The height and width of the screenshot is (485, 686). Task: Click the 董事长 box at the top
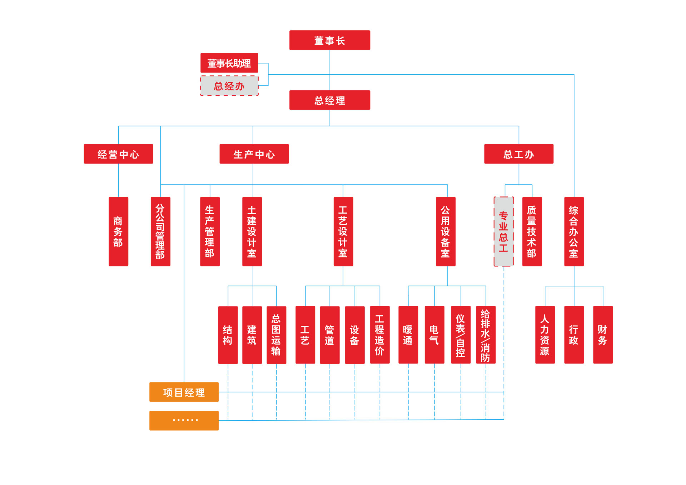pos(329,40)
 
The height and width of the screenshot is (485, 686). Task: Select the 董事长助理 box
pos(229,63)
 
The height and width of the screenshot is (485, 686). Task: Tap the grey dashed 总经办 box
pos(229,86)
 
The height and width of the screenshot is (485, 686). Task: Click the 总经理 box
pos(329,100)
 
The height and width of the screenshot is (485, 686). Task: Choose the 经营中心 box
pos(118,154)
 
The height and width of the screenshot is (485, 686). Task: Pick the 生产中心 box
pos(254,154)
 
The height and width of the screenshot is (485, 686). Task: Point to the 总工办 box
pos(518,154)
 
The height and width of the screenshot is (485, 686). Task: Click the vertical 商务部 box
pos(118,231)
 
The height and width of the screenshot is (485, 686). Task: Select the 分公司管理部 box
pos(160,231)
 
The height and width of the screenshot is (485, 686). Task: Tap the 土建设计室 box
pos(252,231)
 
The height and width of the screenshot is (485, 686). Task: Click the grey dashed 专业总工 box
pos(504,231)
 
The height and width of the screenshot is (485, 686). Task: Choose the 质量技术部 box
pos(532,231)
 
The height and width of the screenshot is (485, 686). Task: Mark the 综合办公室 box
pos(574,231)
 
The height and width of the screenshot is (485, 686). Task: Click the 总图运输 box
pos(276,335)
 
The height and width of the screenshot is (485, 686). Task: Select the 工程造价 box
pos(379,335)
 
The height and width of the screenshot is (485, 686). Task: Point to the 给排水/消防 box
pos(486,335)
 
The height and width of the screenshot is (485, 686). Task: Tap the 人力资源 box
pos(545,335)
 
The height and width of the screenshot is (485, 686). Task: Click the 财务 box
pos(603,335)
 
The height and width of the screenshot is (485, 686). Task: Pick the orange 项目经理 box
pos(184,392)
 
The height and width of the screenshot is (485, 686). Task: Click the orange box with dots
pos(184,420)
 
